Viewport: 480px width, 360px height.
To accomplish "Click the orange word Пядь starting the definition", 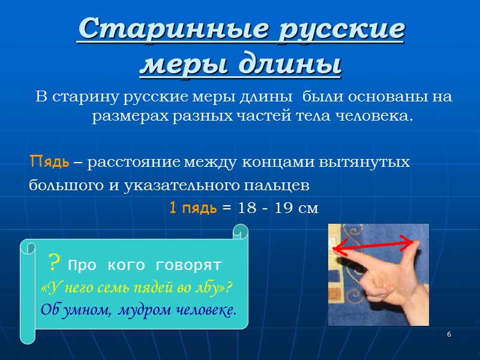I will point(49,162).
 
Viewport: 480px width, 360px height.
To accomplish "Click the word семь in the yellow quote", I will point(113,287).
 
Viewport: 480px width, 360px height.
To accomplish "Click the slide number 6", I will point(449,334).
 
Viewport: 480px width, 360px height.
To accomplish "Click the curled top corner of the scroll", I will point(241,231).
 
